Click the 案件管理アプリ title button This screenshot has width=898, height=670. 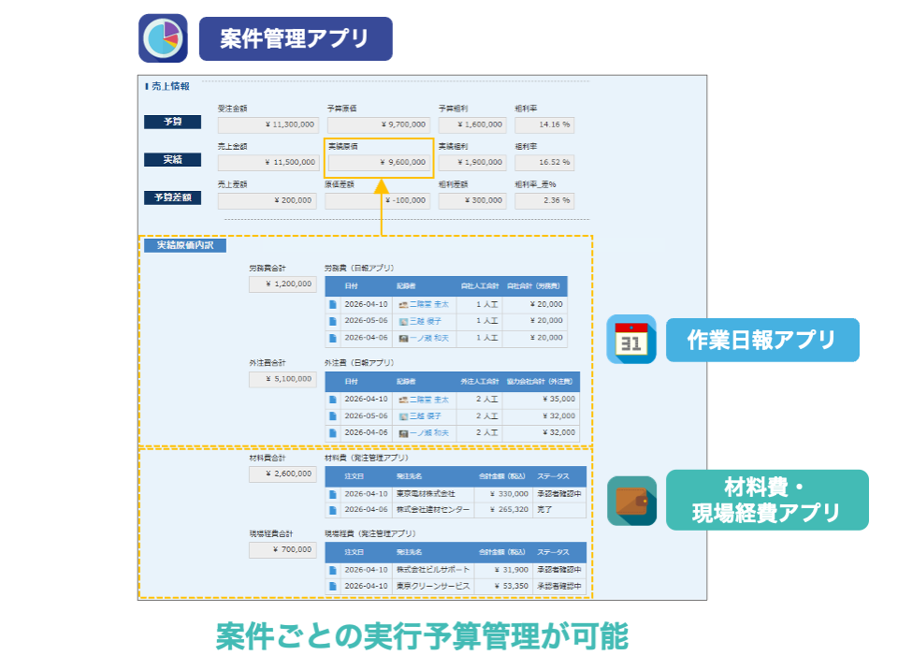(296, 38)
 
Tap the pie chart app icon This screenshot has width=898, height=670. (163, 38)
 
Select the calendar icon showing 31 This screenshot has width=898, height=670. (631, 339)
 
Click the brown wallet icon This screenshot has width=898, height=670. (631, 501)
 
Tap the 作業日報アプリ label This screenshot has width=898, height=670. (761, 339)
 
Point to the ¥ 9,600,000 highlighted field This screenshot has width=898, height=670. (379, 162)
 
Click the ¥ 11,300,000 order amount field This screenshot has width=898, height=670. (268, 124)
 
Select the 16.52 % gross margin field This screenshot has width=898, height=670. (543, 162)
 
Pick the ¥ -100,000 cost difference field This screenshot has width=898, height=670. (379, 200)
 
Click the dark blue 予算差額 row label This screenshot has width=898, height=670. (173, 197)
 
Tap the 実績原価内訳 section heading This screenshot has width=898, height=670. (179, 245)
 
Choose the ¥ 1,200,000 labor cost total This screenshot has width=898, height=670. (282, 284)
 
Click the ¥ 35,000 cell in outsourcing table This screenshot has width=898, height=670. (543, 399)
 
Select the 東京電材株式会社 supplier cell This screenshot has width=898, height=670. (426, 493)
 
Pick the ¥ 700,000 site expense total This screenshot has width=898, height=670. (282, 550)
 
